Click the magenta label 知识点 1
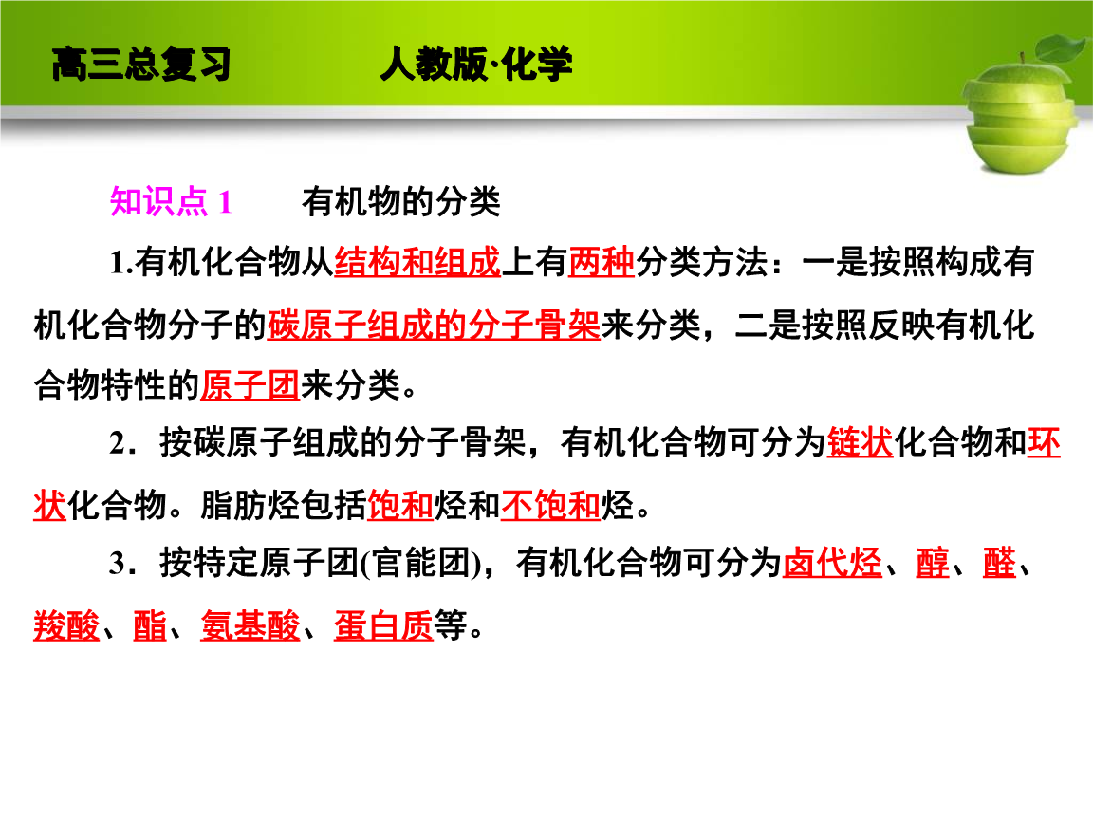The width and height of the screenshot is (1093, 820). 171,202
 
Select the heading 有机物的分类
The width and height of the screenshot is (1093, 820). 400,202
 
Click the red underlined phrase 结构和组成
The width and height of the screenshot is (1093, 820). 417,263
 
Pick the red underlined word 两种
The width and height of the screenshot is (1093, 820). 602,263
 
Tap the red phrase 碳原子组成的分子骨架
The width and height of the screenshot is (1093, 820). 434,325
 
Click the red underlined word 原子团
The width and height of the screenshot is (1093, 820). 250,385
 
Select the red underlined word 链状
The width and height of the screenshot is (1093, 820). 861,443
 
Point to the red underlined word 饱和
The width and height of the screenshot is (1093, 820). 400,506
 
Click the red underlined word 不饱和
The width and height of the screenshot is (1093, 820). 550,506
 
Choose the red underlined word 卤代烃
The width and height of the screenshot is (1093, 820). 833,565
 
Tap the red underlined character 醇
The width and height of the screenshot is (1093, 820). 933,565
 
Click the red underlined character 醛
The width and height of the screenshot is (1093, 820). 999,565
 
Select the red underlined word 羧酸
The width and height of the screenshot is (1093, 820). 66,626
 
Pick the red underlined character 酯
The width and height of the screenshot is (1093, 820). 150,626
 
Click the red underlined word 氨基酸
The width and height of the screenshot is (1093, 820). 250,626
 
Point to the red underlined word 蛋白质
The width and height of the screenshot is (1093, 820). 383,626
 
